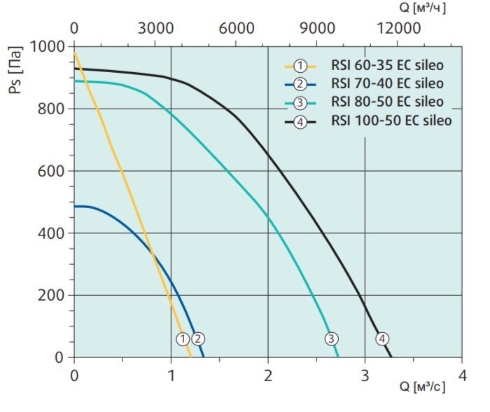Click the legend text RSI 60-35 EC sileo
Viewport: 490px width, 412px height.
[x=387, y=65]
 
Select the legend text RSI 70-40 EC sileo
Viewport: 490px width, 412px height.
[x=387, y=83]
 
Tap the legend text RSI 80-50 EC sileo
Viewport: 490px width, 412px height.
[x=387, y=102]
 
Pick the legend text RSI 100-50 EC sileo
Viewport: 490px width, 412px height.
[x=391, y=121]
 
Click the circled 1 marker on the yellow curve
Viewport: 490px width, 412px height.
[x=183, y=339]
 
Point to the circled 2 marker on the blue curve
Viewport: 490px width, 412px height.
[x=198, y=339]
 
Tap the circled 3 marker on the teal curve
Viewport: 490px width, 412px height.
[x=331, y=338]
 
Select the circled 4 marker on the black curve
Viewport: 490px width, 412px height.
[x=382, y=338]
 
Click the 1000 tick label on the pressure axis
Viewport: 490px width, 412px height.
[x=47, y=47]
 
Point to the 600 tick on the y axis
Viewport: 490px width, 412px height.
[x=51, y=171]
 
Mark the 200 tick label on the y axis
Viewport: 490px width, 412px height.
[x=51, y=295]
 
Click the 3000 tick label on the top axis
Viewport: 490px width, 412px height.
[x=155, y=29]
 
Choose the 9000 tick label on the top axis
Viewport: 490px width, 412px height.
[x=317, y=29]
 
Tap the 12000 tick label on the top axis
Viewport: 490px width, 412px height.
[x=398, y=29]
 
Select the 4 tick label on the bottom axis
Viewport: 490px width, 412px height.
[x=462, y=376]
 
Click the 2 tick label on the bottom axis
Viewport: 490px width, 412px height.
[x=268, y=376]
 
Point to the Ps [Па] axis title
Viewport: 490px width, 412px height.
[x=15, y=70]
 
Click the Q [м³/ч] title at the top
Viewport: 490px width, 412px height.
[x=423, y=8]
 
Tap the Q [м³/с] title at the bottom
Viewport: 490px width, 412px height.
[x=423, y=387]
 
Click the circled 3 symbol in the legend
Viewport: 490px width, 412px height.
[x=300, y=102]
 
